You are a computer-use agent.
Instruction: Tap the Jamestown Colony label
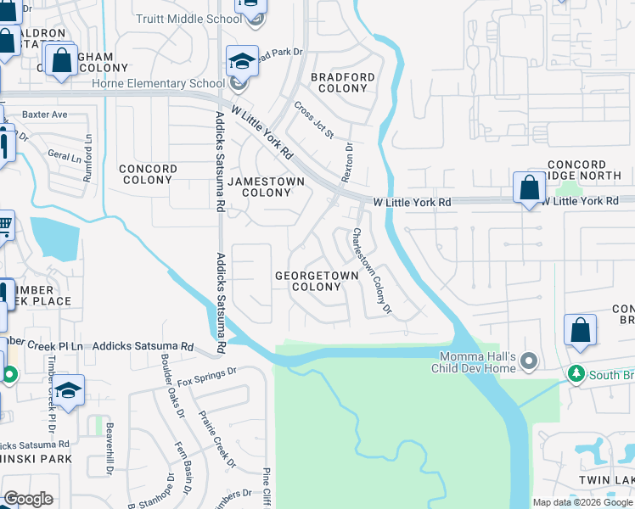[x=267, y=187]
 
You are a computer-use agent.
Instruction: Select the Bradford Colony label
[x=342, y=82]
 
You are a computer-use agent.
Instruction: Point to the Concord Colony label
[x=148, y=174]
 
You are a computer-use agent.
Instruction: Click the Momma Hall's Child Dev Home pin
[x=530, y=362]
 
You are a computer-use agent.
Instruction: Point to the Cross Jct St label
[x=314, y=120]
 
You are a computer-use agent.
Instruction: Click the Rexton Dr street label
[x=346, y=160]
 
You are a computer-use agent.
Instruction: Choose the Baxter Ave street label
[x=44, y=115]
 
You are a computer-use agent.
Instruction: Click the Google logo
[x=28, y=499]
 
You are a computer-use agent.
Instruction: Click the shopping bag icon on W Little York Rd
[x=529, y=187]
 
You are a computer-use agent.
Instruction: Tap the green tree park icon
[x=576, y=374]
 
